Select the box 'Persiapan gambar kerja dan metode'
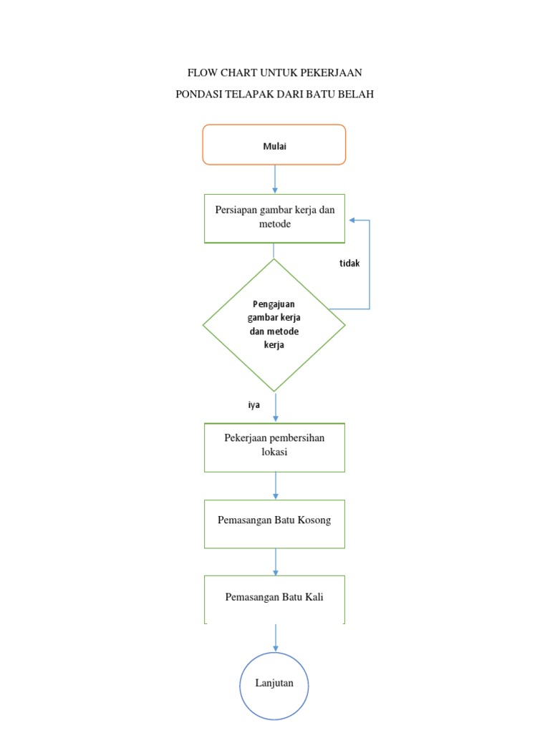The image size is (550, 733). (274, 218)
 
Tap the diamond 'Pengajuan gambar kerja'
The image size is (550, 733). (274, 324)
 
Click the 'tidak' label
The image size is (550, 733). (349, 263)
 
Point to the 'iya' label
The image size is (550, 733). (254, 404)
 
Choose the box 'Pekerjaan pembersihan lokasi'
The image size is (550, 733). (274, 447)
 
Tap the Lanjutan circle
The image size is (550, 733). (274, 684)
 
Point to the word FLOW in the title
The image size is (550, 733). (201, 72)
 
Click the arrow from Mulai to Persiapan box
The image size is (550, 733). (275, 179)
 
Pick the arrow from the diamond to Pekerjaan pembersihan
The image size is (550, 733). (276, 408)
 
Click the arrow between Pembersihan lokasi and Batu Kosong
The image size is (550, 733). (276, 486)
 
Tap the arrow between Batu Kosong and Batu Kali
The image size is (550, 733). (276, 562)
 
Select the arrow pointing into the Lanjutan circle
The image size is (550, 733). (276, 639)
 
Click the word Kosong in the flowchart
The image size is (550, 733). (315, 520)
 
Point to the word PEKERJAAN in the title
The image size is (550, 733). (331, 72)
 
